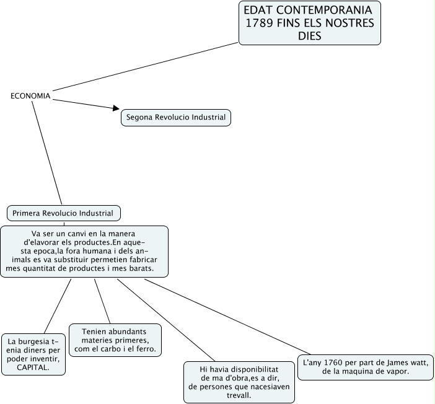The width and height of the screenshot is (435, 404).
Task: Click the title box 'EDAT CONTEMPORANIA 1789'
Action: pyautogui.click(x=309, y=23)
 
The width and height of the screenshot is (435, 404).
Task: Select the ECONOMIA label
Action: pyautogui.click(x=30, y=96)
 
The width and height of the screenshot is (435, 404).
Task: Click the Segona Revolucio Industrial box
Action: pyautogui.click(x=176, y=117)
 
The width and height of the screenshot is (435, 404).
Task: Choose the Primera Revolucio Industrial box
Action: pyautogui.click(x=63, y=213)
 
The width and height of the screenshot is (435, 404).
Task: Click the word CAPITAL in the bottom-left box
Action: pyautogui.click(x=33, y=367)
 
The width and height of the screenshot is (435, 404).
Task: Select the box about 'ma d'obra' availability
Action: pyautogui.click(x=239, y=382)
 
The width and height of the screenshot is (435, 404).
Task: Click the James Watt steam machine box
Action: pyautogui.click(x=366, y=366)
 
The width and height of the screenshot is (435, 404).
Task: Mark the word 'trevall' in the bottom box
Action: pyautogui.click(x=239, y=395)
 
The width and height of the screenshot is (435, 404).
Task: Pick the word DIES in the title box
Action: pyautogui.click(x=309, y=36)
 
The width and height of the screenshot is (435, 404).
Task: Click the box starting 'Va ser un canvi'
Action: pyautogui.click(x=84, y=251)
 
